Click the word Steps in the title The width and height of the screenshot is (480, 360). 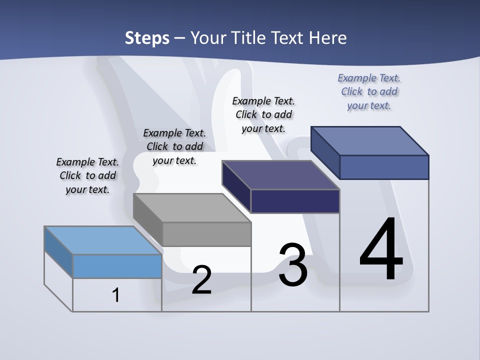[147, 38]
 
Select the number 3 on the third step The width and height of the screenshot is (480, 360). [293, 265]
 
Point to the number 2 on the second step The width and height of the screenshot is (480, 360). [201, 280]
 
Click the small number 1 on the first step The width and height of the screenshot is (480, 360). [116, 295]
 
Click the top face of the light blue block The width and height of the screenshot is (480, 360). [103, 240]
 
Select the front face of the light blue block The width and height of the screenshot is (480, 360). [117, 266]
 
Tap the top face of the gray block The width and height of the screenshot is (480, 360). [192, 208]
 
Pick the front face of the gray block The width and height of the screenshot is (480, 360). [206, 234]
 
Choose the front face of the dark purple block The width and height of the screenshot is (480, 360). [295, 201]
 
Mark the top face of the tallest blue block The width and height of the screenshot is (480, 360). [370, 141]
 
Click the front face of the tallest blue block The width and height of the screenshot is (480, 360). [384, 167]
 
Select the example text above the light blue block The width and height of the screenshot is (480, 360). [87, 175]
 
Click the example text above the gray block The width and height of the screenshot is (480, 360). [174, 146]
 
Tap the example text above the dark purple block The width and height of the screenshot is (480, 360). [263, 114]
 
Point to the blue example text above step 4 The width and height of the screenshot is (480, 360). [369, 91]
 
